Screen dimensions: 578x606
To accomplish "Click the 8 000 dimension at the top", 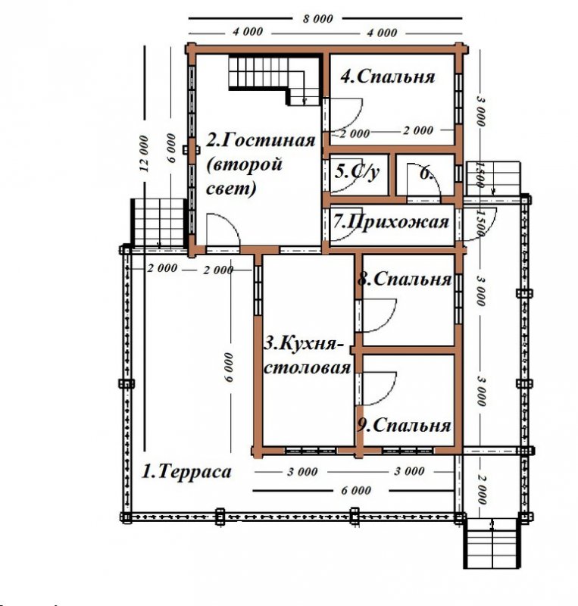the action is pyautogui.click(x=317, y=18).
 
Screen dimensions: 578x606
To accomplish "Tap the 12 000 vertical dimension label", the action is pyautogui.click(x=143, y=153).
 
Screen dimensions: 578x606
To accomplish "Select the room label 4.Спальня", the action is pyautogui.click(x=388, y=77).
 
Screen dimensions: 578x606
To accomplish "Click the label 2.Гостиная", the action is pyautogui.click(x=261, y=140).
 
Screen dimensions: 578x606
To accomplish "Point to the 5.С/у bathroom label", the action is pyautogui.click(x=357, y=171).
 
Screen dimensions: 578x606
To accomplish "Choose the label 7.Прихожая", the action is pyautogui.click(x=391, y=222).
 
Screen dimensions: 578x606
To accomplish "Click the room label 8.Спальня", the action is pyautogui.click(x=405, y=279).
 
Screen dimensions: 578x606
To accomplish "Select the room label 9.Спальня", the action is pyautogui.click(x=404, y=425).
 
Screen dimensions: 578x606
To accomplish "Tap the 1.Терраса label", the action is pyautogui.click(x=187, y=472).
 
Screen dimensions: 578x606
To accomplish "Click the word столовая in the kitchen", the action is pyautogui.click(x=307, y=367).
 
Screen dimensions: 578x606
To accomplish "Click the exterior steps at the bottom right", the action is pyautogui.click(x=491, y=543).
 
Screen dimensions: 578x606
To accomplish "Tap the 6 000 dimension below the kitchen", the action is pyautogui.click(x=356, y=490).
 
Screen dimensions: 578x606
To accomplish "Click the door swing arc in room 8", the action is pyautogui.click(x=380, y=315).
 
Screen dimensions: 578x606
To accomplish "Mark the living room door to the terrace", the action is pyautogui.click(x=223, y=231).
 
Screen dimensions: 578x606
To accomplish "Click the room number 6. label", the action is pyautogui.click(x=426, y=174).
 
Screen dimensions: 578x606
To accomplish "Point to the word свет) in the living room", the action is pyautogui.click(x=231, y=189).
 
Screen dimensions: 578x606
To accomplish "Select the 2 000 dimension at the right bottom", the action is pyautogui.click(x=481, y=490).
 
